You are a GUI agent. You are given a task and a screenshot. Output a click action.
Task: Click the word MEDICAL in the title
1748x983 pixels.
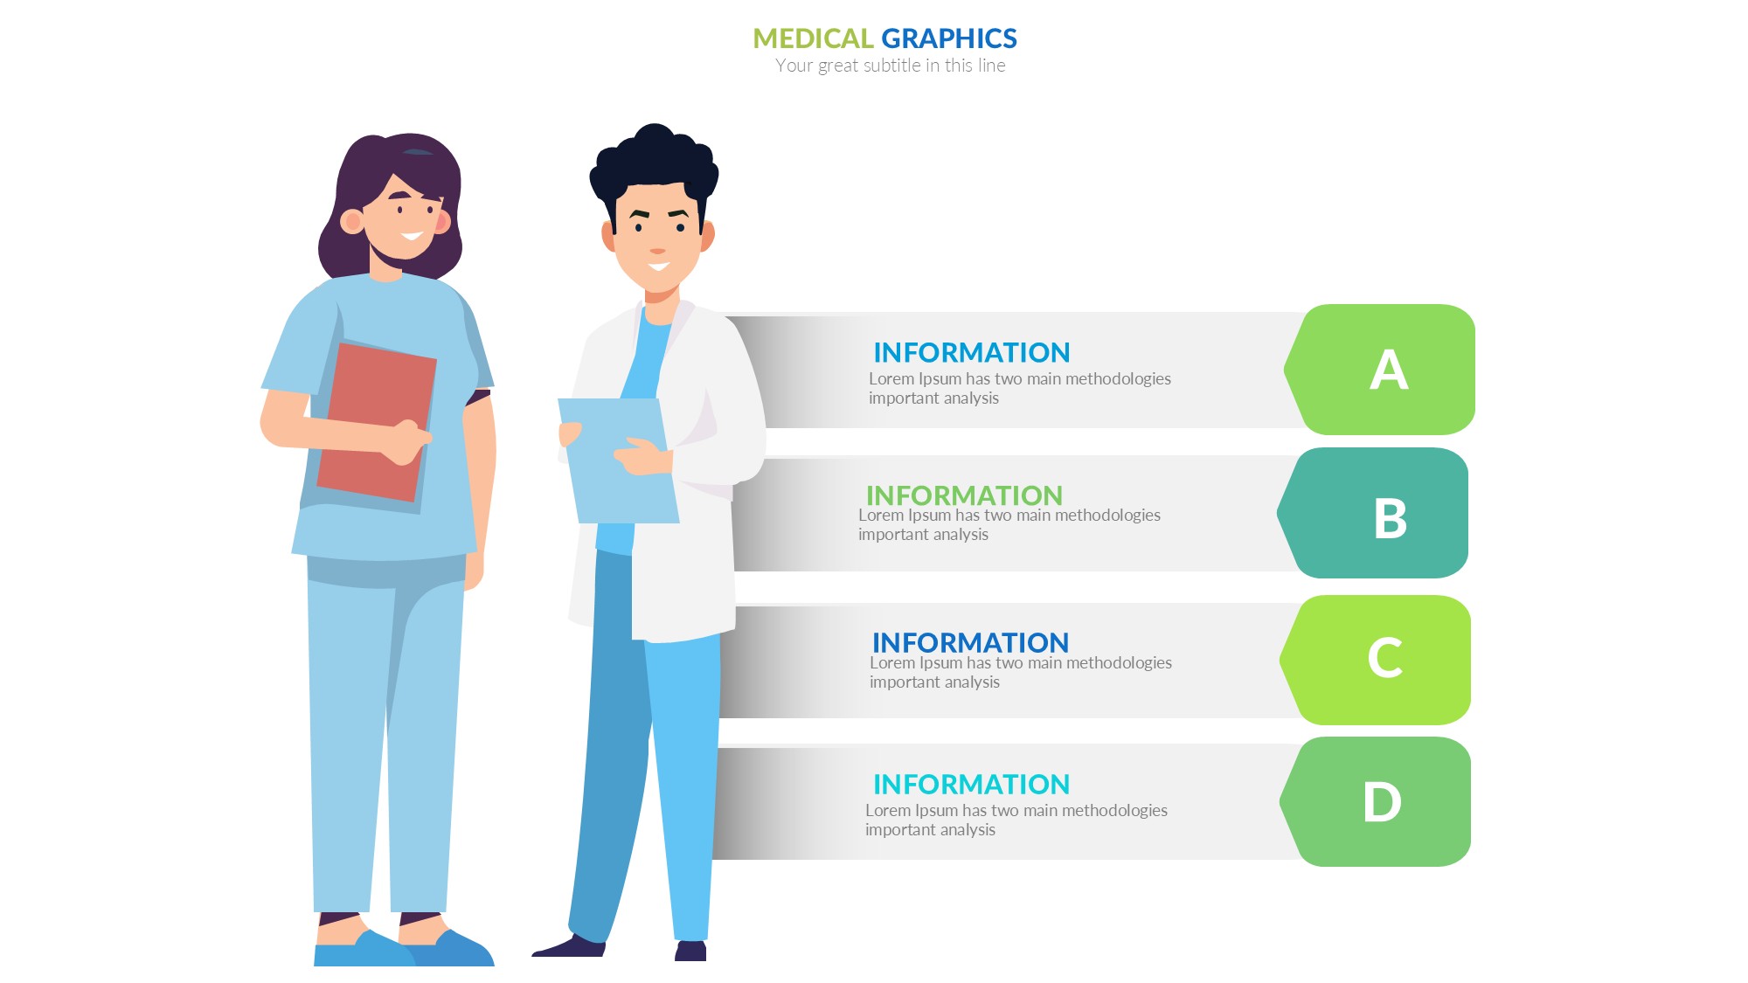(813, 38)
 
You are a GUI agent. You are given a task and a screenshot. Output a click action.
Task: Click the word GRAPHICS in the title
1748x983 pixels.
(949, 38)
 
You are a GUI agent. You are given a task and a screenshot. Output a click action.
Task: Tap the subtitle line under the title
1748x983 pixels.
(890, 66)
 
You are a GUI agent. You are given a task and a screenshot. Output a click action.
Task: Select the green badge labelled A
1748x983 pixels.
(1380, 370)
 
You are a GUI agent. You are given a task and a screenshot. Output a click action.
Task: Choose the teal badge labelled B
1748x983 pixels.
(1373, 513)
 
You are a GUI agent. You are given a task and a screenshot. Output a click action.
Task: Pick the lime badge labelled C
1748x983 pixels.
(1376, 660)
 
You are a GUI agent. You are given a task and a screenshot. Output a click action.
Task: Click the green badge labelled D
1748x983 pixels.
(1376, 801)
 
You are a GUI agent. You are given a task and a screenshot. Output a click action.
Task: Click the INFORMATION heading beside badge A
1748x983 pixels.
(971, 352)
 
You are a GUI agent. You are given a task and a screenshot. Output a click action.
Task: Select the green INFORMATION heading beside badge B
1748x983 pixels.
(964, 495)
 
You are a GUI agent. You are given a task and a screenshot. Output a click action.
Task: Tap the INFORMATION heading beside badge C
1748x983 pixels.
(970, 642)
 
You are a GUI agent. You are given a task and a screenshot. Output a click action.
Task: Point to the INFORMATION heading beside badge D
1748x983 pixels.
(971, 784)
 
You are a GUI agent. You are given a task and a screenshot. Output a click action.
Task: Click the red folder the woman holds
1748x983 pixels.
(376, 421)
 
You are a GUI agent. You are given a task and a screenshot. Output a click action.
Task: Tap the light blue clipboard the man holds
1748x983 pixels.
(618, 460)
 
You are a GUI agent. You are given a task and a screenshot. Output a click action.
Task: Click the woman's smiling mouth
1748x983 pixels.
(412, 236)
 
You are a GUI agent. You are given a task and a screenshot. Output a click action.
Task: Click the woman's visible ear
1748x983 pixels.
(352, 222)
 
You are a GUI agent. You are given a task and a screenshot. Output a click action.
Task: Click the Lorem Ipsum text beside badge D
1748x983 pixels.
(1016, 820)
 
